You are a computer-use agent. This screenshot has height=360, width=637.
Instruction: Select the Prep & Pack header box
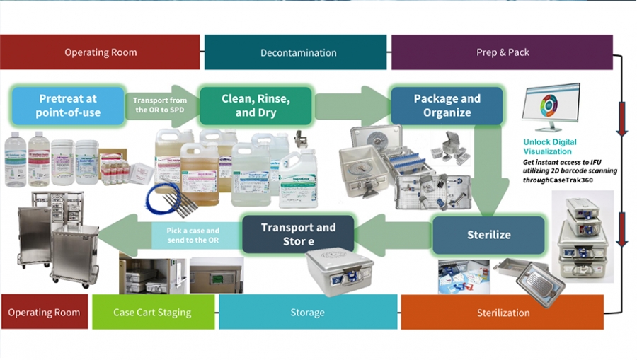(x=502, y=52)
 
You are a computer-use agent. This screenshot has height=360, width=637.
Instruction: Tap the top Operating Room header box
(x=101, y=52)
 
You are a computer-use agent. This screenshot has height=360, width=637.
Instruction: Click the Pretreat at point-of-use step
(x=69, y=106)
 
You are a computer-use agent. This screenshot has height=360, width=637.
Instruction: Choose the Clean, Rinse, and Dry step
(x=256, y=106)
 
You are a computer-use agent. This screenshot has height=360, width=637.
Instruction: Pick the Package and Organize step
(x=447, y=106)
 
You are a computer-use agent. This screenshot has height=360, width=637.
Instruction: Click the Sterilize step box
(x=488, y=235)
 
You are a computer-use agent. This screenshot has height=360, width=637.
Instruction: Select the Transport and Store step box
(x=298, y=235)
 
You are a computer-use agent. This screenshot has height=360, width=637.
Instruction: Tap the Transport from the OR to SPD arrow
(x=161, y=106)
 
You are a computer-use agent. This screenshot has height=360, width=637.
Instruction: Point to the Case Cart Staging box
(x=153, y=313)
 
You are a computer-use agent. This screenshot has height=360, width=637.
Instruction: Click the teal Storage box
(x=307, y=313)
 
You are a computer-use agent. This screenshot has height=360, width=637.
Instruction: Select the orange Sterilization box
(x=503, y=313)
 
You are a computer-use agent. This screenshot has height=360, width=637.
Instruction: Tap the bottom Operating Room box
(x=44, y=313)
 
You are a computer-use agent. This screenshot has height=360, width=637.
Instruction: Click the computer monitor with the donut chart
(x=550, y=107)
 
